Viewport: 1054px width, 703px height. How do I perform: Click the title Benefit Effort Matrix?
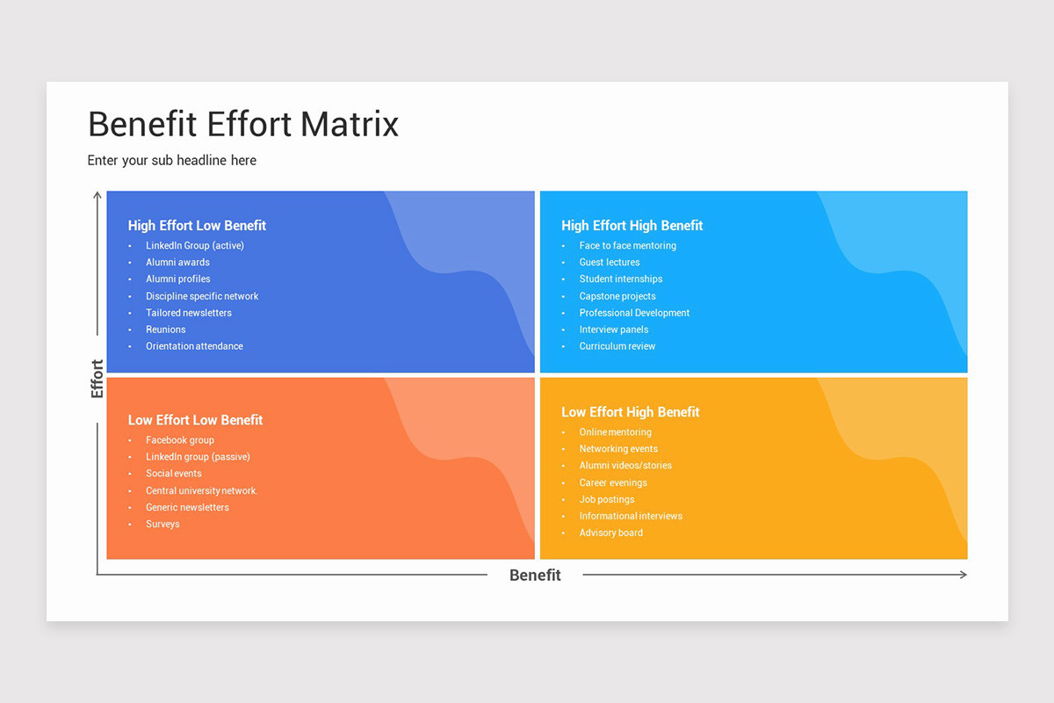click(x=243, y=124)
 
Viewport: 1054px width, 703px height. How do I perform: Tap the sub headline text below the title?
click(x=172, y=160)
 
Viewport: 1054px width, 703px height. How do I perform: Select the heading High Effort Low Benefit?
click(x=197, y=226)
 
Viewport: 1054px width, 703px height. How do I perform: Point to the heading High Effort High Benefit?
click(x=632, y=226)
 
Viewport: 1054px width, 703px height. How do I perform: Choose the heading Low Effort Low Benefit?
click(x=195, y=420)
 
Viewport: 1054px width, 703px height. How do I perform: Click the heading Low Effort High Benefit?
click(x=630, y=412)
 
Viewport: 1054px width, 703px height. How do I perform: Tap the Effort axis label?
click(x=97, y=379)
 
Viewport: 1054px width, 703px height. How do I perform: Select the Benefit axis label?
click(x=535, y=575)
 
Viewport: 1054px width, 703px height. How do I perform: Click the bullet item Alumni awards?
click(x=177, y=262)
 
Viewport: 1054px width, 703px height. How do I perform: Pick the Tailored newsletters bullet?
click(x=189, y=313)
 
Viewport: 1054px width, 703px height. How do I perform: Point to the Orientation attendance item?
click(x=194, y=346)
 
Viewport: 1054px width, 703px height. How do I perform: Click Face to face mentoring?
click(x=627, y=246)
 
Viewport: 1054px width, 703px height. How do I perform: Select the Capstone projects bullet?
click(x=617, y=296)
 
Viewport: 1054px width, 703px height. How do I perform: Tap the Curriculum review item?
click(x=617, y=346)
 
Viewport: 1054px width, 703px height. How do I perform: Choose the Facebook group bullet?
click(x=180, y=440)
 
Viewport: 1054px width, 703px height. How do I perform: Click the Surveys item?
click(x=162, y=525)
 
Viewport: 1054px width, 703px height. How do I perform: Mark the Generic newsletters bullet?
click(x=187, y=508)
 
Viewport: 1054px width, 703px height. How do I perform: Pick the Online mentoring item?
click(x=615, y=432)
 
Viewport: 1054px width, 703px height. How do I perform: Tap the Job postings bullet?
click(x=606, y=500)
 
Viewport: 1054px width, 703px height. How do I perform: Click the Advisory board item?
click(x=610, y=533)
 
